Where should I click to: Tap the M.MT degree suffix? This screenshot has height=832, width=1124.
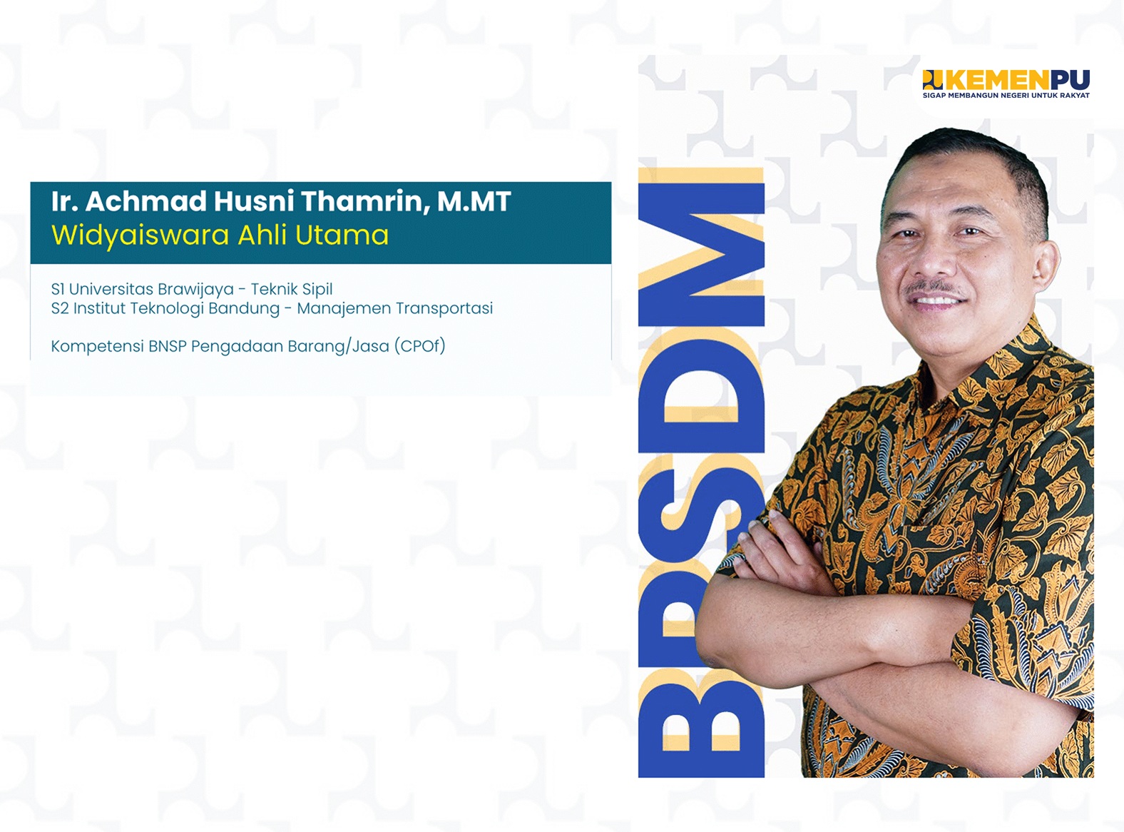point(474,201)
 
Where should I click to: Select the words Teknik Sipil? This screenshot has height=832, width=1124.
point(292,289)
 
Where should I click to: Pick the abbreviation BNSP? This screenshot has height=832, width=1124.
point(167,346)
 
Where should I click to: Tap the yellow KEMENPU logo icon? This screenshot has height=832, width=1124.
point(933,80)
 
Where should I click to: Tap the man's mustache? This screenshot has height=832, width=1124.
point(935,290)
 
